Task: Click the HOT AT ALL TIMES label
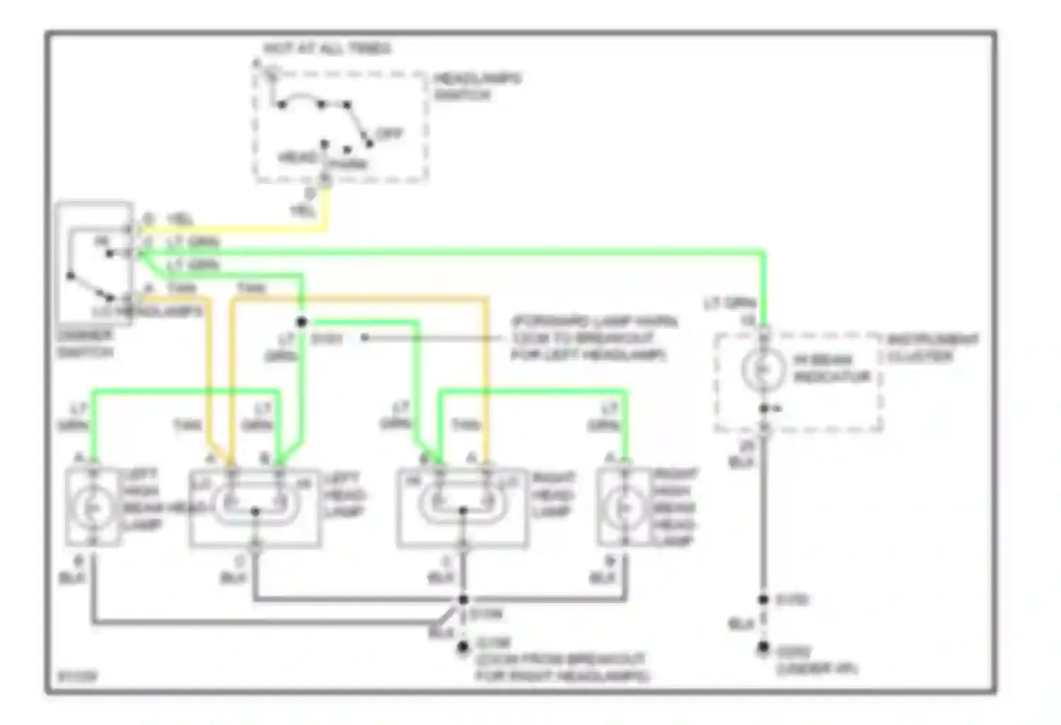[x=326, y=49]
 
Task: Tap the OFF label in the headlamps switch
[x=390, y=134]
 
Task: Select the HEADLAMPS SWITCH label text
[x=477, y=86]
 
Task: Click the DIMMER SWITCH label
[x=85, y=343]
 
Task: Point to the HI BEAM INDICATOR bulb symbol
[x=763, y=369]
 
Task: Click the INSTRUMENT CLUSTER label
[x=932, y=348]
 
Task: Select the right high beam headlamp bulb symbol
[x=624, y=507]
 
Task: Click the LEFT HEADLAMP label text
[x=345, y=495]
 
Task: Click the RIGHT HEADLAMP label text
[x=553, y=494]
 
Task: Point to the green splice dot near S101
[x=301, y=322]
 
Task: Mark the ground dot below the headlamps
[x=463, y=646]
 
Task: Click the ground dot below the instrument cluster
[x=763, y=646]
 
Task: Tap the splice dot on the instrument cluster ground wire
[x=763, y=600]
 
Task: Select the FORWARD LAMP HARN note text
[x=593, y=338]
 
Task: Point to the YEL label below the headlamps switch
[x=303, y=210]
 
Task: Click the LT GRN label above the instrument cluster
[x=729, y=304]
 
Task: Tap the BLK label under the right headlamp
[x=440, y=578]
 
